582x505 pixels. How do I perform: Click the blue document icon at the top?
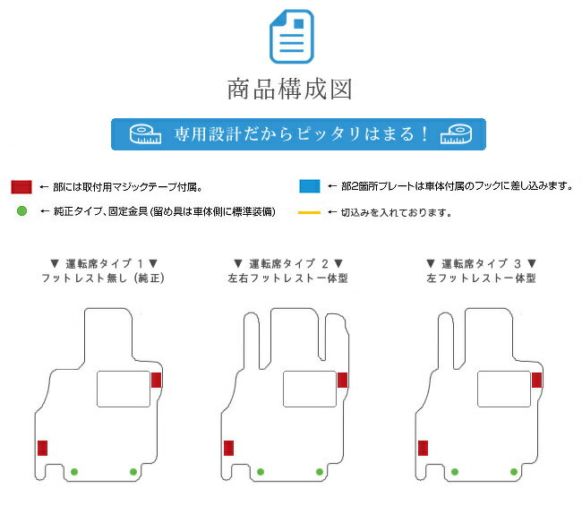(291, 37)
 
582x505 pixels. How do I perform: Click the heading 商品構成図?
(289, 89)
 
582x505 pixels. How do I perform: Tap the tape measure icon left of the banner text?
(145, 134)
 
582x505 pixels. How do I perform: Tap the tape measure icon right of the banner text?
(456, 134)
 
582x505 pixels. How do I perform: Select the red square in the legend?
(21, 187)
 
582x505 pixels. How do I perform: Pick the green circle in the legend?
(21, 211)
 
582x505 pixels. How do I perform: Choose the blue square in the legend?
(310, 186)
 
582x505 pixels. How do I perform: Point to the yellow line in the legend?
(309, 212)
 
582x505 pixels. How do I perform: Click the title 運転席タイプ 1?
(104, 264)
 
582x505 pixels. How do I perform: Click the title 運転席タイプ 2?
(288, 264)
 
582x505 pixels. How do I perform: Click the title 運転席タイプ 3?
(481, 264)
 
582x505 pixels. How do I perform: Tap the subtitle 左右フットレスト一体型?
(288, 278)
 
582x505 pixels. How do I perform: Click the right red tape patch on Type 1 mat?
(157, 380)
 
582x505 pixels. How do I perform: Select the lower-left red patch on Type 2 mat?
(228, 448)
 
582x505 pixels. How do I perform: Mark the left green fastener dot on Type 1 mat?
(74, 472)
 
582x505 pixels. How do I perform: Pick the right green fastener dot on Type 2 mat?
(320, 472)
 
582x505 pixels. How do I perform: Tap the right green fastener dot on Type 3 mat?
(514, 472)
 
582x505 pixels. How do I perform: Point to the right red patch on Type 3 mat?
(536, 380)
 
